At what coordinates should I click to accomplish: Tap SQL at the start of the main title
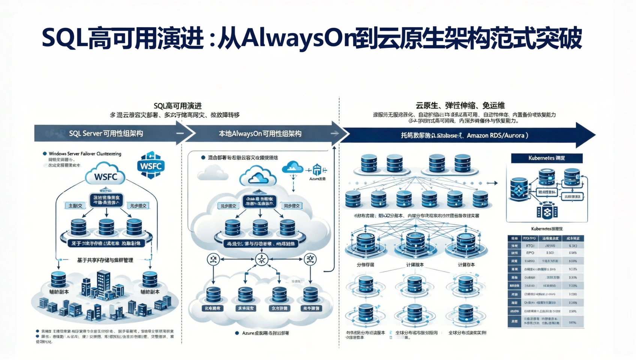point(64,38)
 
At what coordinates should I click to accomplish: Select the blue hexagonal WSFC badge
point(151,165)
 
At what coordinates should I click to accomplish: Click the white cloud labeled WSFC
point(105,175)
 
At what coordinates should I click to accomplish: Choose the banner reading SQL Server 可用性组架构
point(106,133)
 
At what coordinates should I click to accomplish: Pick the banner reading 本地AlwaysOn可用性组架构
point(260,133)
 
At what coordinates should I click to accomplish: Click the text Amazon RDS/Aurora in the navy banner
point(495,135)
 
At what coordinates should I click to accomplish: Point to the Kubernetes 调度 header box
point(546,158)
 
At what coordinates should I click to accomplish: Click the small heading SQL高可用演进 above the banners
point(177,106)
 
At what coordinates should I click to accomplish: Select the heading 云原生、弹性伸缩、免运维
point(460,106)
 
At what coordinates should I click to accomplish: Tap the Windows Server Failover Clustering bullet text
point(85,154)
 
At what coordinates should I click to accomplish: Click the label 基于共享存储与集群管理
point(105,260)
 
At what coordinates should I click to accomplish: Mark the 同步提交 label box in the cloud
point(292,206)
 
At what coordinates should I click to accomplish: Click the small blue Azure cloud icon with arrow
point(292,168)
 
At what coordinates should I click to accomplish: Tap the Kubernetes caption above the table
point(547,229)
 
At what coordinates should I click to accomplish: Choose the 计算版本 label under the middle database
point(415,265)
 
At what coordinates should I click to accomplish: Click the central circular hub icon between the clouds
point(261,259)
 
